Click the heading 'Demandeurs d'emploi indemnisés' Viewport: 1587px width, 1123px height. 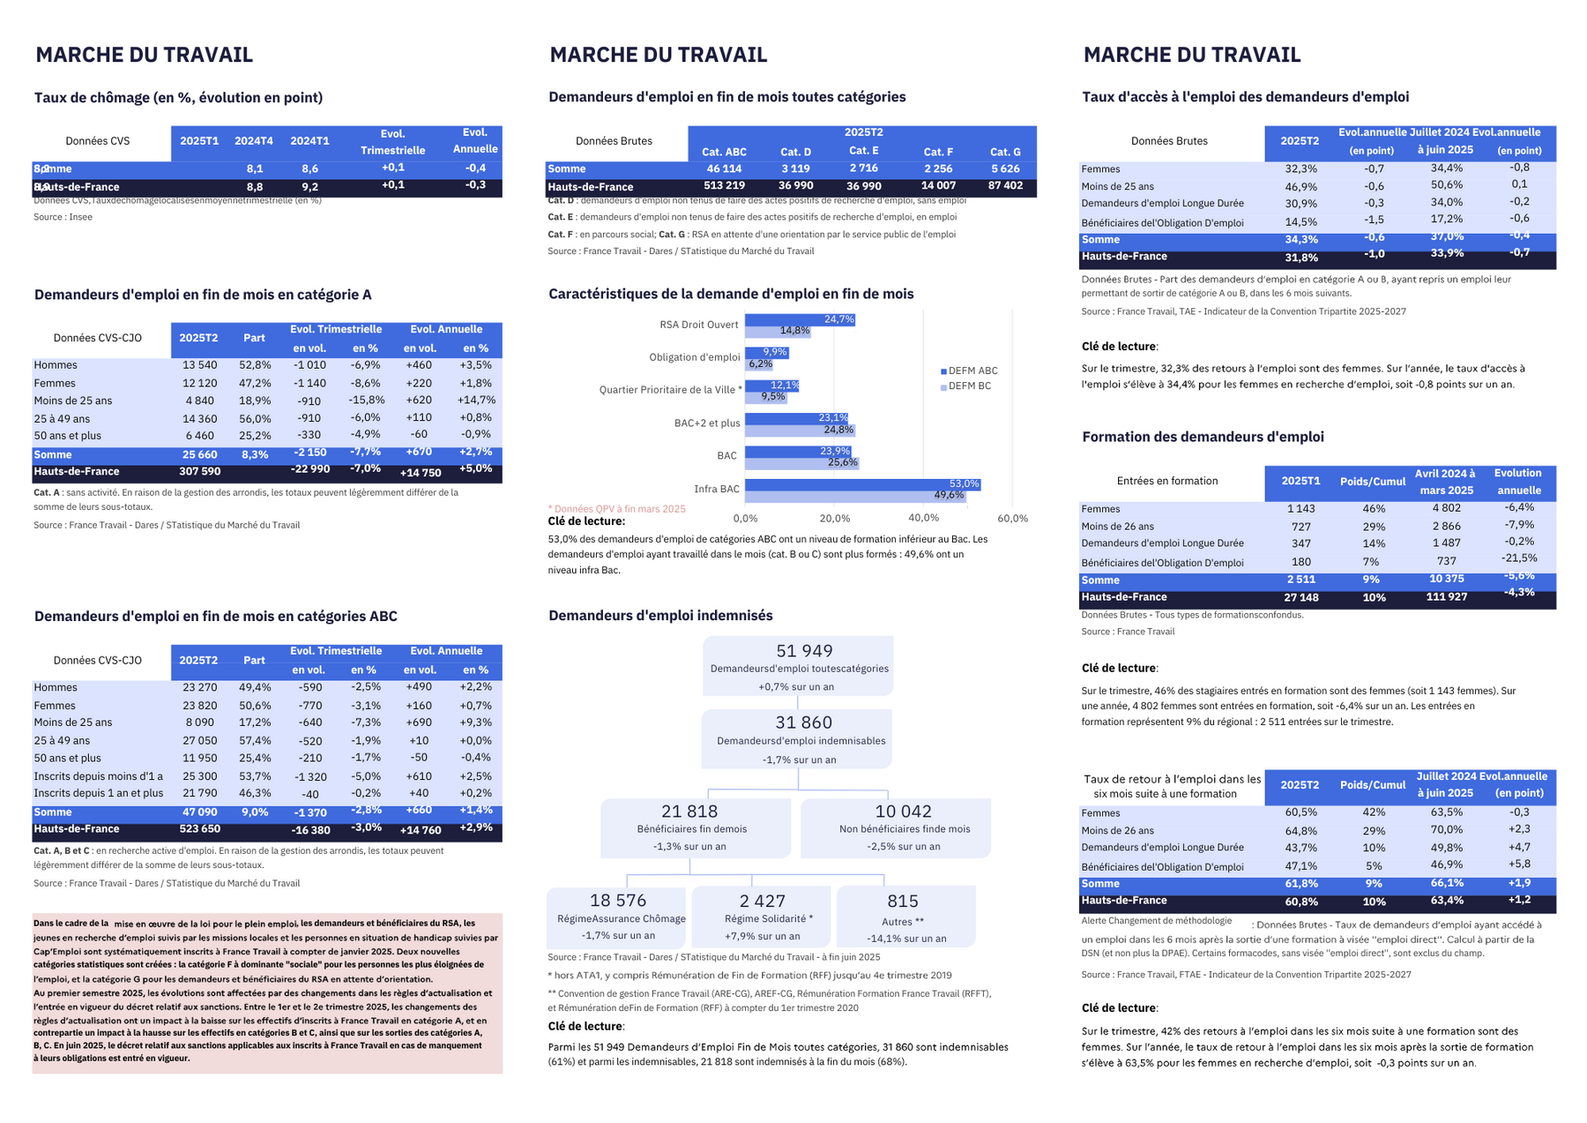click(660, 616)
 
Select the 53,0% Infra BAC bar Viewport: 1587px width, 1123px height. click(861, 484)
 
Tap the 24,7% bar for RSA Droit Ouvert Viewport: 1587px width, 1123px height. click(799, 319)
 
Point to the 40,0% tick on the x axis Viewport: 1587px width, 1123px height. click(923, 519)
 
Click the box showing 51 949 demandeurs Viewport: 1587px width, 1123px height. click(798, 666)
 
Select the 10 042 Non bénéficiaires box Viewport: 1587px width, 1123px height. click(895, 827)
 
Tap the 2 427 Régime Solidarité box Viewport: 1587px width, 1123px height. click(762, 916)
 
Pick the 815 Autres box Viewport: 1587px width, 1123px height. click(905, 916)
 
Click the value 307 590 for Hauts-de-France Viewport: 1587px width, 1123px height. click(200, 472)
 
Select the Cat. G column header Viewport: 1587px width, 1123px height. click(1005, 152)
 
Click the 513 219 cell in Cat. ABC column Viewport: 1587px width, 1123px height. click(724, 186)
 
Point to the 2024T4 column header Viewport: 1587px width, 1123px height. click(254, 141)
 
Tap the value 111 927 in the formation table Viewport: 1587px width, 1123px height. click(1446, 597)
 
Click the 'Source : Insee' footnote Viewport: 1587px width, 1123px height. click(63, 217)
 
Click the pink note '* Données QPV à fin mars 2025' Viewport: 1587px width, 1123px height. click(616, 509)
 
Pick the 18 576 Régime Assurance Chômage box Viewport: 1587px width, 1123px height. click(617, 916)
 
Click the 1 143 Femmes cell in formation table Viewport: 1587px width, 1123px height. click(1300, 509)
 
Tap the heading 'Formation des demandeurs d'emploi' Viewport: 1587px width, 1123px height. click(1203, 437)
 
